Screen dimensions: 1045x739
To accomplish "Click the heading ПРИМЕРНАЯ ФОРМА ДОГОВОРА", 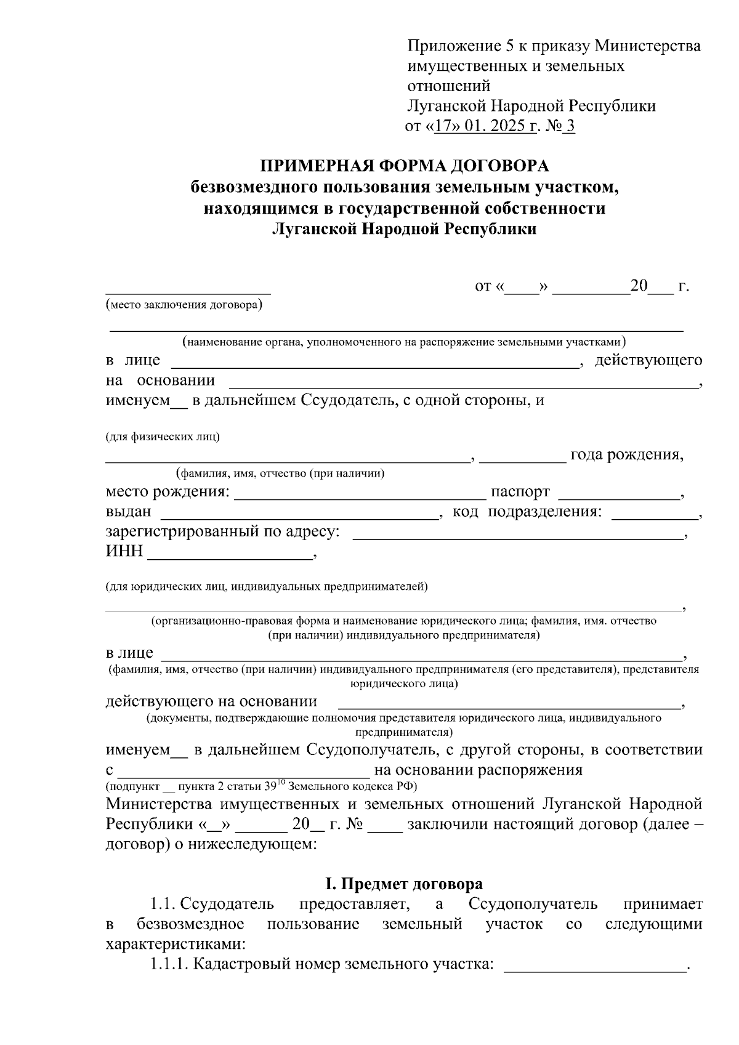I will point(404,166).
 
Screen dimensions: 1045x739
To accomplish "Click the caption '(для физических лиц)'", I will point(163,437).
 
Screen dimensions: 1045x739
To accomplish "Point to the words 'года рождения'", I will point(626,455).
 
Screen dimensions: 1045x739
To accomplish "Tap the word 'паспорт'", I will point(520,493).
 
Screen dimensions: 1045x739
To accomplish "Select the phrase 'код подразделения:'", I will point(527,512).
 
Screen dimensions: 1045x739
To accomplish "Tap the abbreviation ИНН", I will point(124,551).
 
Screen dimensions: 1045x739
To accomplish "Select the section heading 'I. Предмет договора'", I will point(403,884).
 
